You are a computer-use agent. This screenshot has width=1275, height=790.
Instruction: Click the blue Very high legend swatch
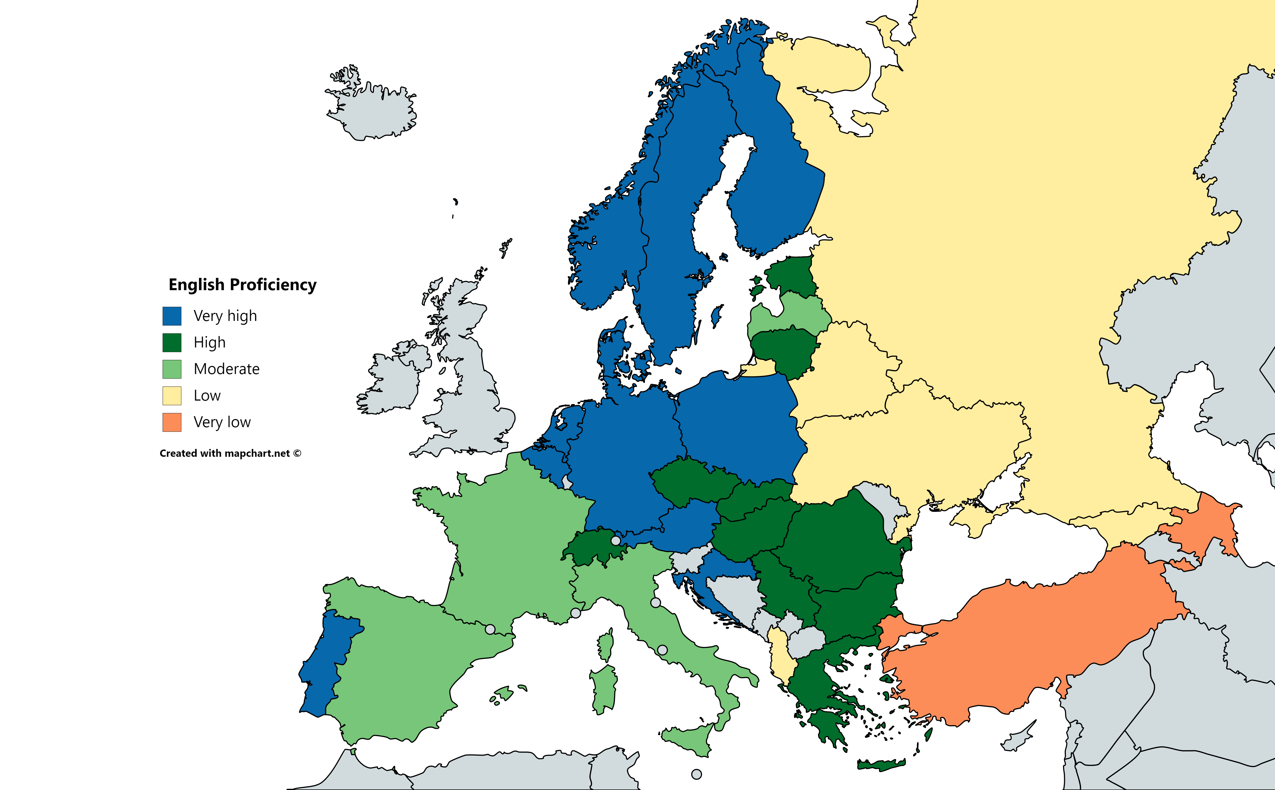coord(172,316)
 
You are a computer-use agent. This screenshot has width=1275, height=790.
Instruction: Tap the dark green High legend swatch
coord(172,343)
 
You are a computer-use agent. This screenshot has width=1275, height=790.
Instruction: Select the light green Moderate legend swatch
coord(172,369)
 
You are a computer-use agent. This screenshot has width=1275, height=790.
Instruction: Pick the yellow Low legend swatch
coord(172,396)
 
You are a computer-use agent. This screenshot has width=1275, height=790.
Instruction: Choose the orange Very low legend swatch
coord(172,422)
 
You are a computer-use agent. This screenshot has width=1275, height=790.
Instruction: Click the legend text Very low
coord(222,422)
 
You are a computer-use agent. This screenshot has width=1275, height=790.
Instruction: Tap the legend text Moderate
coord(226,369)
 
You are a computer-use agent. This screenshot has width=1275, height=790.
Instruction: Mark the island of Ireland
coord(392,379)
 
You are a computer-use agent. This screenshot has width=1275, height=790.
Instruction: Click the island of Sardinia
coord(604,690)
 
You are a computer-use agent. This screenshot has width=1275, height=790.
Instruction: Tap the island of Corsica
coord(606,645)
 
